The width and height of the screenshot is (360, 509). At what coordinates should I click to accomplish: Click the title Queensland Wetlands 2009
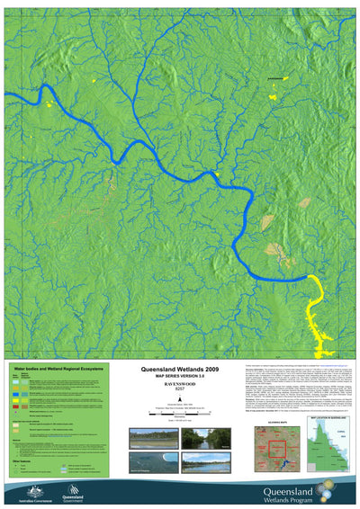tap(180, 369)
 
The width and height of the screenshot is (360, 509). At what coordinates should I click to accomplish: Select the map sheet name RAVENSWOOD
tap(180, 386)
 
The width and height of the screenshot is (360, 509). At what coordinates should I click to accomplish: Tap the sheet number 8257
tap(180, 392)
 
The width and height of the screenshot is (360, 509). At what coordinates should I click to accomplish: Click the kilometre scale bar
tap(180, 414)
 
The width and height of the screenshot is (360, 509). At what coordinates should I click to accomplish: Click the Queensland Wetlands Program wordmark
tap(288, 494)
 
